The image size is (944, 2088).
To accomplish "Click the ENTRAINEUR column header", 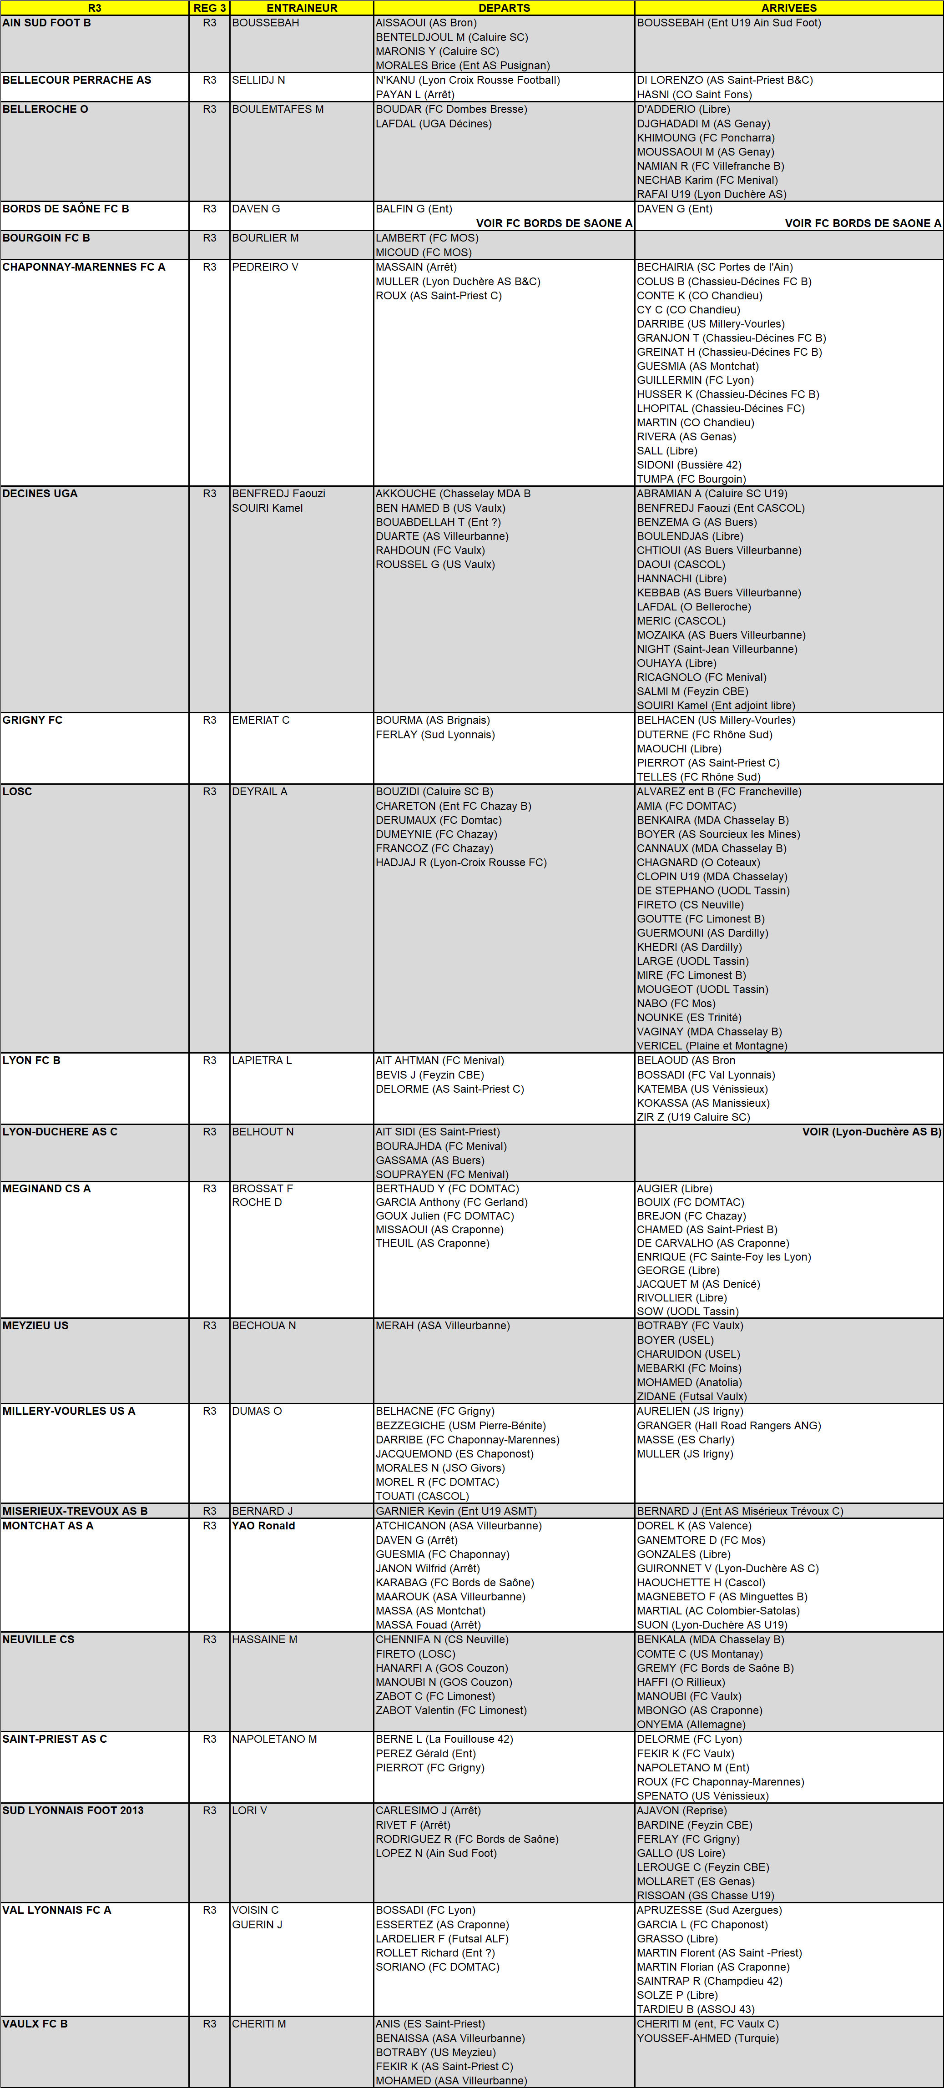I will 302,8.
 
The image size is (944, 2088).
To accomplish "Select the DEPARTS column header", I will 504,8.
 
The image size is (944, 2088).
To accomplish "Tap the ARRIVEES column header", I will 788,8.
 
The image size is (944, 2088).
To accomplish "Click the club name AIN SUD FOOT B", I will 47,23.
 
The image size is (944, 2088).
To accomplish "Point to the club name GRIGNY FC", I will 32,720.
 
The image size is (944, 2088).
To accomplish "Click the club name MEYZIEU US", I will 35,1325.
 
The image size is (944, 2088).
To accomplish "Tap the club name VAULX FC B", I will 35,2023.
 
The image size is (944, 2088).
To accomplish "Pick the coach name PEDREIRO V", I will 265,267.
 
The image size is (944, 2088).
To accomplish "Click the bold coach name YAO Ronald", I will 263,1525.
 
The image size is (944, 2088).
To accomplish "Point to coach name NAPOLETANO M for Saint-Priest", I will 274,1739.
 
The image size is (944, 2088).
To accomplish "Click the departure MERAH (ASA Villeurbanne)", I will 442,1325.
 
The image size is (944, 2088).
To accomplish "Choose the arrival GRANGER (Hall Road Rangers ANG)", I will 728,1425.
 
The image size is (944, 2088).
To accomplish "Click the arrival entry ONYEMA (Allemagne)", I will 691,1724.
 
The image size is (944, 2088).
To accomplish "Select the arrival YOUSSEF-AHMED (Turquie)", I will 707,2038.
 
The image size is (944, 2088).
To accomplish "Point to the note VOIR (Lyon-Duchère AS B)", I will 871,1131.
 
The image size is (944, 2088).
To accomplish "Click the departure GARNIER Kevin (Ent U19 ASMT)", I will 455,1511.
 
